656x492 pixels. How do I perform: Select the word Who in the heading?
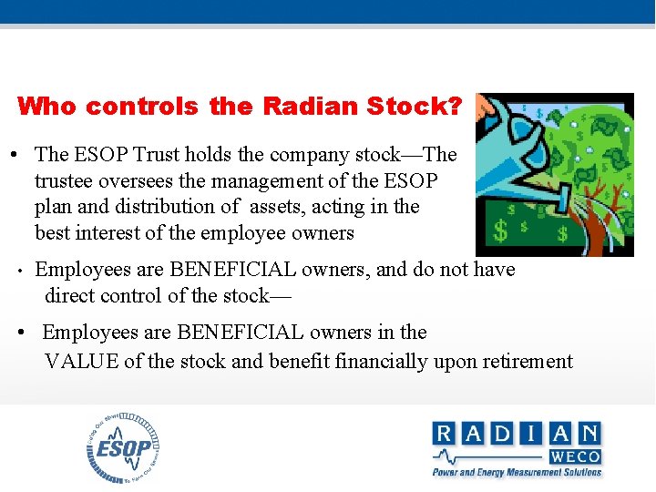[47, 107]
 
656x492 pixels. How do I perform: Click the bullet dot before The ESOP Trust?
[16, 155]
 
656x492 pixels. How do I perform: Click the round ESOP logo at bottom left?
[123, 447]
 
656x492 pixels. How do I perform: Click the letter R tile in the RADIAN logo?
[445, 434]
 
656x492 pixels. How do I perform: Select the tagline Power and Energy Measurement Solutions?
[517, 472]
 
